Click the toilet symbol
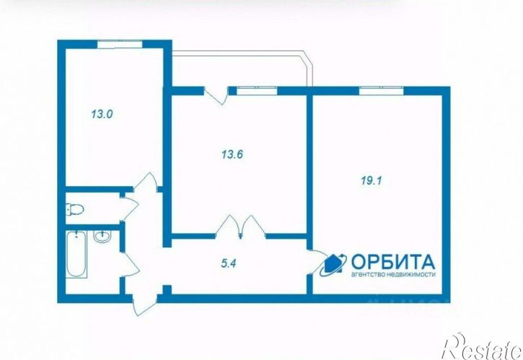[74, 210]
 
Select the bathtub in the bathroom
[76, 255]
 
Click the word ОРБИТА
[393, 261]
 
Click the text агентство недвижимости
[393, 276]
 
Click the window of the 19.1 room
[378, 89]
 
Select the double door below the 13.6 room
[242, 227]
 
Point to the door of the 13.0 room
[148, 184]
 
